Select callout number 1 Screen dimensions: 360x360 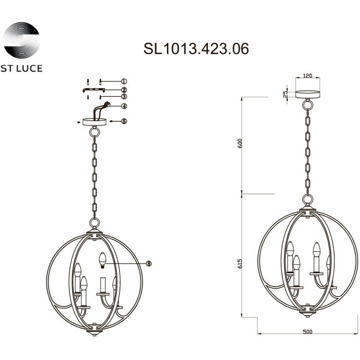click(124, 81)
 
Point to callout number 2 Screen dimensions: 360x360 click(124, 90)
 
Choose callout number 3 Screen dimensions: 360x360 click(124, 97)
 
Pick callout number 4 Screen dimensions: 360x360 click(124, 106)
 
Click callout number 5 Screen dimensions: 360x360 click(124, 122)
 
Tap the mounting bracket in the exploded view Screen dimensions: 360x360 click(94, 90)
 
